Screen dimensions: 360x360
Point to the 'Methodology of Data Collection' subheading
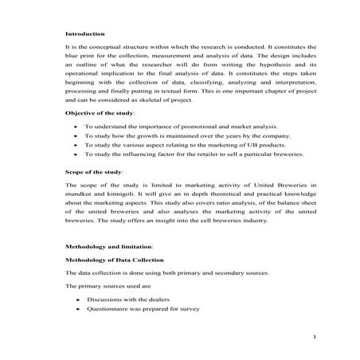115,260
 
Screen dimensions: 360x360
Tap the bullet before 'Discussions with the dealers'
75,298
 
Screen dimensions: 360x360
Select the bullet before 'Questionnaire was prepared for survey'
75,308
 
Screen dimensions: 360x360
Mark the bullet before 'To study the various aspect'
75,147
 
